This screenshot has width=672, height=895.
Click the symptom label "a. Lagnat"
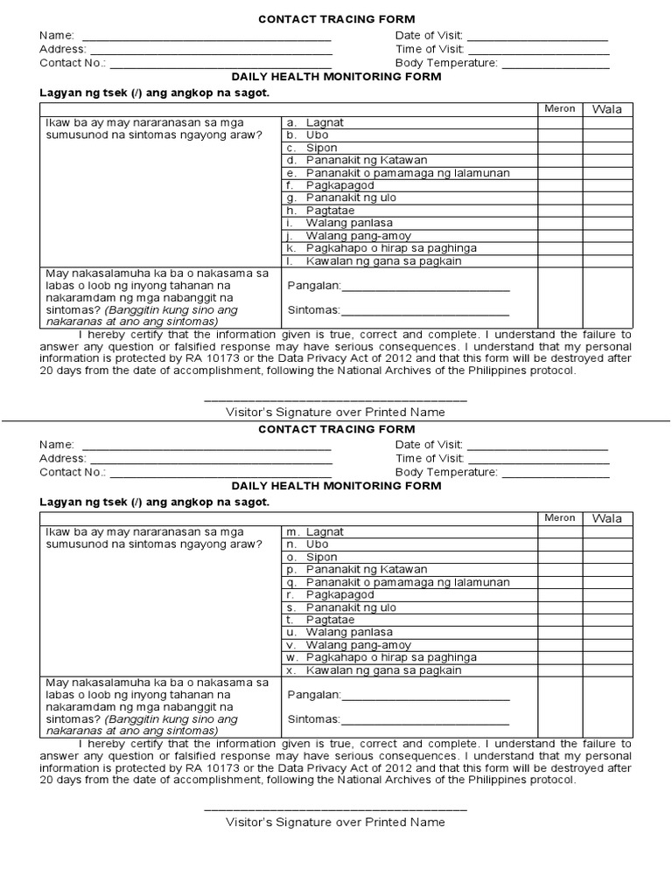[x=315, y=123]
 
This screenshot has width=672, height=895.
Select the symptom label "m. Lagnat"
[x=315, y=531]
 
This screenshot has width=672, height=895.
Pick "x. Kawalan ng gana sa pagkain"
[x=374, y=670]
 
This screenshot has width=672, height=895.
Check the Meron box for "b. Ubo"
[x=560, y=135]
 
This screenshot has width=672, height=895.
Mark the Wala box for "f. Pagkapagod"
[x=607, y=186]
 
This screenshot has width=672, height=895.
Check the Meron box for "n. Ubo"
[x=560, y=545]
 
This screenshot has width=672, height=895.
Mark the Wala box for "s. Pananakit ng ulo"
[x=607, y=607]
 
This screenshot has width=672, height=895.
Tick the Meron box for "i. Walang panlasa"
[x=560, y=224]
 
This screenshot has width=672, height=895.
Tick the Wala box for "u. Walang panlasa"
[x=607, y=633]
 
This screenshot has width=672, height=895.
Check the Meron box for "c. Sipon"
[x=560, y=149]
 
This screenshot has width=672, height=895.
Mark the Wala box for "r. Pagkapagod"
[x=607, y=595]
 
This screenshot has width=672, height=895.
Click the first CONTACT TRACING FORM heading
[x=336, y=19]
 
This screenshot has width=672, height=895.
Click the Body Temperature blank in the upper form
[x=555, y=63]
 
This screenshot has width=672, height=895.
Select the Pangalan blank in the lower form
[x=425, y=697]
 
